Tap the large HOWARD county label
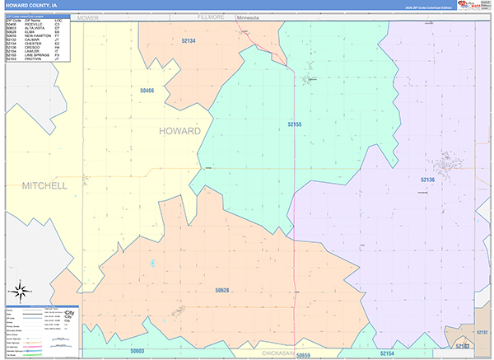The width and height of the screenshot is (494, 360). click(x=179, y=131)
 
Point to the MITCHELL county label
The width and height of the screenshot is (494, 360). click(x=44, y=186)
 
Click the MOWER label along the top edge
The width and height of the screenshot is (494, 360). click(x=88, y=16)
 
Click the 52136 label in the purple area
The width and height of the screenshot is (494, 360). click(x=427, y=179)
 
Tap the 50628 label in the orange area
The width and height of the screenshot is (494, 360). click(x=222, y=290)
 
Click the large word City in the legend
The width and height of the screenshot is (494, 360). click(x=69, y=315)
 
